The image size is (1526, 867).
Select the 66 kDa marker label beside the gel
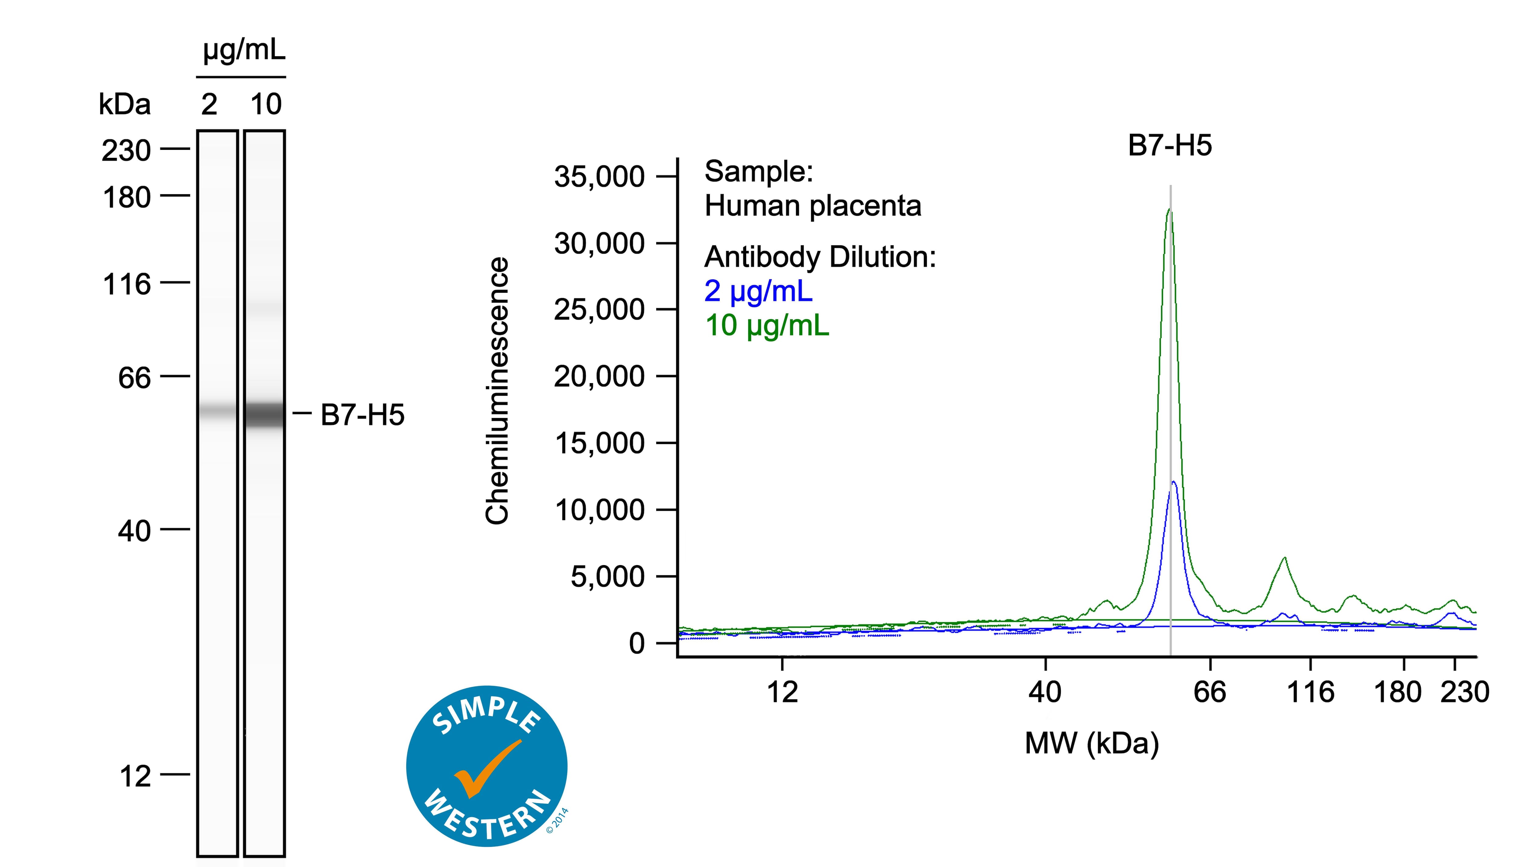(x=135, y=378)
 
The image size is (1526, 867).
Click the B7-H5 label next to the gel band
(x=362, y=415)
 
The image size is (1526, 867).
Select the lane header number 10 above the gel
(x=266, y=104)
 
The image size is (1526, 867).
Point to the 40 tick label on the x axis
(x=1045, y=692)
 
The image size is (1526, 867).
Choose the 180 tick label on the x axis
(x=1398, y=692)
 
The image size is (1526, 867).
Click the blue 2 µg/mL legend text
(x=758, y=291)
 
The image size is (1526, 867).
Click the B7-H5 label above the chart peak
(x=1170, y=146)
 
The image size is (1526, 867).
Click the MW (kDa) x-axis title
(x=1091, y=743)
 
